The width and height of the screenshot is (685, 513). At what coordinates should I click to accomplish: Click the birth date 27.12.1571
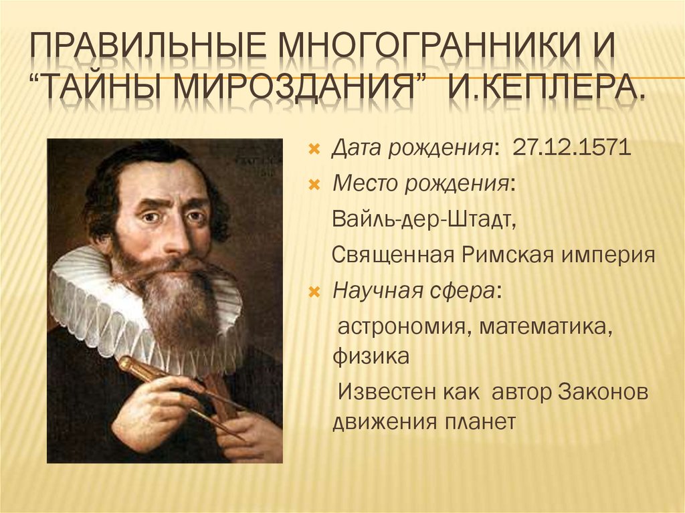tap(572, 147)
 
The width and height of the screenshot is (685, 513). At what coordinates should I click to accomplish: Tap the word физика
tap(371, 356)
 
